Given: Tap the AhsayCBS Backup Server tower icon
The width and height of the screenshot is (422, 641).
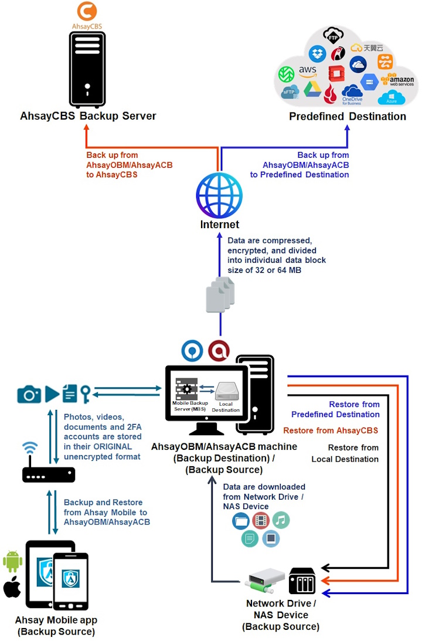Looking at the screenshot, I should click(87, 68).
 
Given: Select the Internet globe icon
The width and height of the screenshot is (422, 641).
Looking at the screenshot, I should click(219, 195).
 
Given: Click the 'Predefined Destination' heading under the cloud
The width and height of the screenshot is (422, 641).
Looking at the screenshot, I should click(348, 116).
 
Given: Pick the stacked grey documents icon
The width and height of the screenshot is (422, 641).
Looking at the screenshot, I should click(220, 294).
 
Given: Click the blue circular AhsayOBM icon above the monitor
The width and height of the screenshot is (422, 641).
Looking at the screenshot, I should click(192, 350).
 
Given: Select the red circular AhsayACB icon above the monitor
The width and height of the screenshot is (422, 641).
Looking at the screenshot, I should click(219, 350).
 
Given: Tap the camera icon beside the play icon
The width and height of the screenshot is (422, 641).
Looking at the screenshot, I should click(29, 394).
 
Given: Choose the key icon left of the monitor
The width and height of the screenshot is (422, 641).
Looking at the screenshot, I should click(86, 394).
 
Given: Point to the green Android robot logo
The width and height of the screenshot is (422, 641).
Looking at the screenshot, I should click(12, 561).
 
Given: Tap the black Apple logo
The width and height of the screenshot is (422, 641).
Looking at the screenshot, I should click(12, 587).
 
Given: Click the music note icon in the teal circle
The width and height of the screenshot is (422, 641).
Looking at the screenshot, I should click(281, 520).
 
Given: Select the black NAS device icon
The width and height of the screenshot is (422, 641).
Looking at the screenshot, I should click(302, 581).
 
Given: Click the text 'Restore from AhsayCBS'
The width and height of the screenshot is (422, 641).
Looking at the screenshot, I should click(331, 430).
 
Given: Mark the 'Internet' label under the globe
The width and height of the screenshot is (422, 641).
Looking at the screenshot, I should click(219, 225).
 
